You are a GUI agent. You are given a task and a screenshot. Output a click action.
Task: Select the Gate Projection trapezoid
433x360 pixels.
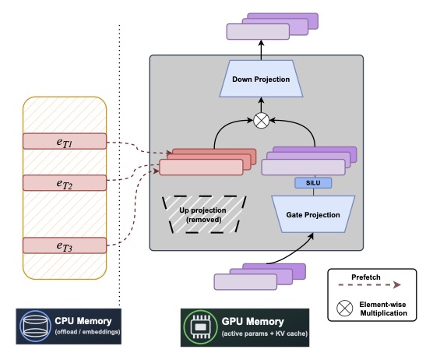(x=312, y=214)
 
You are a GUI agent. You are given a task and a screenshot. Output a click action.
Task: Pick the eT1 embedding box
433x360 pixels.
(x=64, y=141)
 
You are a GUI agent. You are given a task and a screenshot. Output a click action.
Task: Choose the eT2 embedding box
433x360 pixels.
(x=64, y=183)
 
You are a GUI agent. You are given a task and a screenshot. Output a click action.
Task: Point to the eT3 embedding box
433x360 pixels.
(x=64, y=245)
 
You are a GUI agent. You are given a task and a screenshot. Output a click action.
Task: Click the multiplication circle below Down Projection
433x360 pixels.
(x=261, y=121)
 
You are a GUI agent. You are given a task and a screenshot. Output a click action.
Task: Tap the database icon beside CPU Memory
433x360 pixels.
(x=37, y=325)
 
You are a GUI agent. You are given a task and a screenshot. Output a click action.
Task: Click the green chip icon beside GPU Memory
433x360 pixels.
(x=199, y=325)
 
